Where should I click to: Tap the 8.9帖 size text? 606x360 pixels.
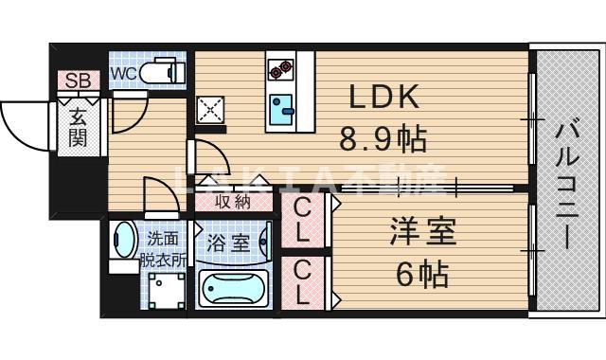(x=383, y=141)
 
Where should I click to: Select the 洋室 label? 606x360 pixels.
(x=422, y=232)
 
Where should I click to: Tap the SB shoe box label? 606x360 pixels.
(x=78, y=81)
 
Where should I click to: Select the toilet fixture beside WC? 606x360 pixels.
(x=161, y=72)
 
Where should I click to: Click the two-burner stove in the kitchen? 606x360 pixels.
(x=280, y=69)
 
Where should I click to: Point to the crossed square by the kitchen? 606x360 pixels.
(x=209, y=111)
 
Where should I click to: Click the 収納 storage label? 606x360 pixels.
(x=232, y=200)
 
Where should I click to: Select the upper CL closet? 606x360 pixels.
(x=302, y=219)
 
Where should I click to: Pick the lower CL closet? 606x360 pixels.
(x=302, y=281)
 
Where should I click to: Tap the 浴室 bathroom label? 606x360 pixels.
(x=230, y=243)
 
